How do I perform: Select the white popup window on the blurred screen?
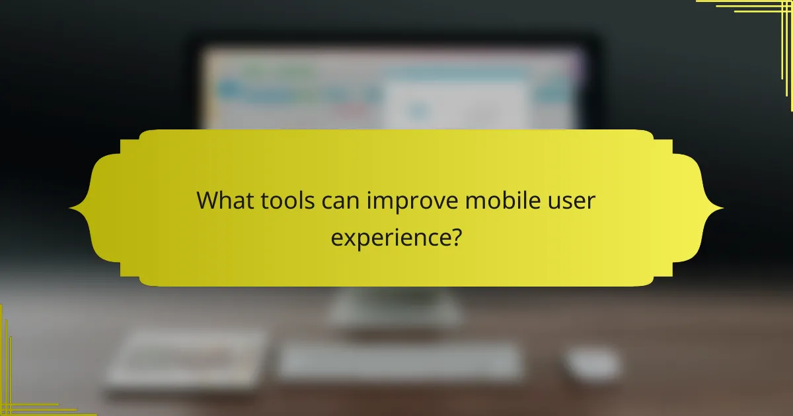pyautogui.click(x=456, y=106)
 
